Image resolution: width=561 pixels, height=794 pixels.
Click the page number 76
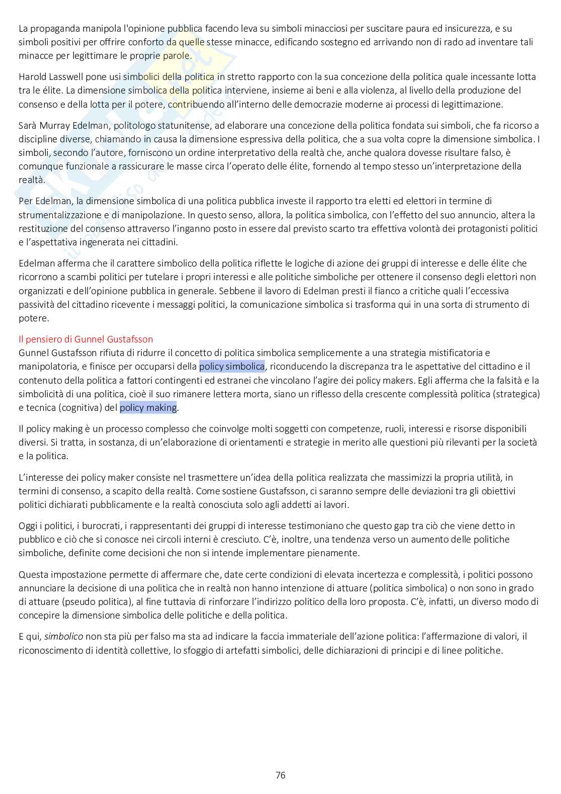[280, 775]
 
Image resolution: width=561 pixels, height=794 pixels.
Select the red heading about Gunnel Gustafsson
[86, 339]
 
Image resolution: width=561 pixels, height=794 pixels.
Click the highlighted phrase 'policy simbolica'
[232, 367]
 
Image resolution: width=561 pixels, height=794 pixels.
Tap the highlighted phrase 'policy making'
[148, 408]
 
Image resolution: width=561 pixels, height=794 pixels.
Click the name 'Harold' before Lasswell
[32, 77]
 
